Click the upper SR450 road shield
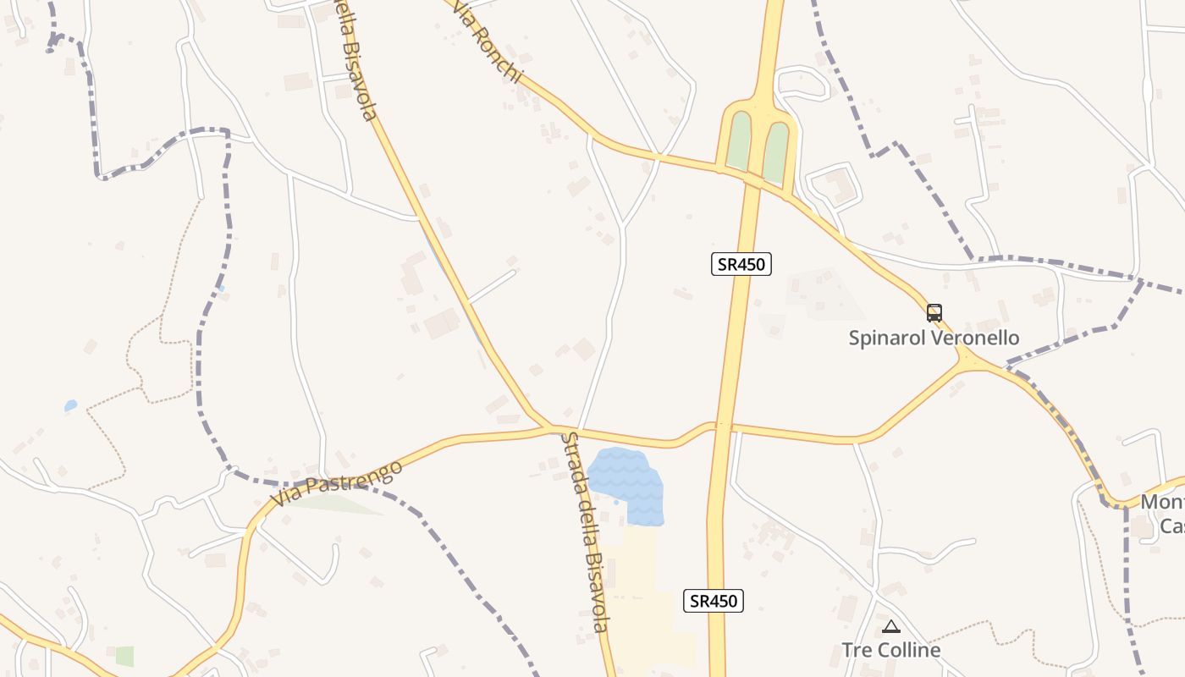click(741, 264)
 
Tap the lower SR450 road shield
click(713, 601)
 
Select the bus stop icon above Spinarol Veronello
click(934, 313)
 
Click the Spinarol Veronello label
click(934, 338)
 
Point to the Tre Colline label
click(890, 650)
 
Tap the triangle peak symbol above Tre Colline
click(890, 627)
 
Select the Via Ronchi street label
click(486, 42)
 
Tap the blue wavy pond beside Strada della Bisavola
click(628, 484)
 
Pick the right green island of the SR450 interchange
click(776, 150)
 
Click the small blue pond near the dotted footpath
click(70, 406)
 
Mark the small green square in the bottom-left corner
click(124, 656)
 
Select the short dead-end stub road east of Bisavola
click(492, 287)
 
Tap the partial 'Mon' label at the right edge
click(1163, 502)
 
